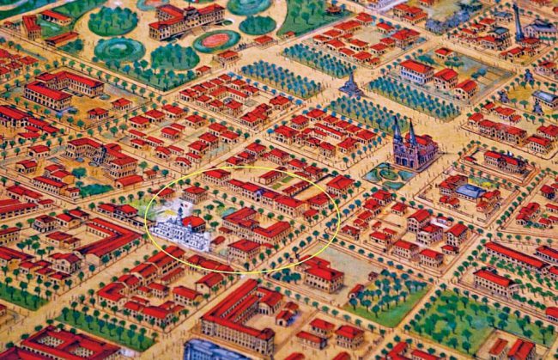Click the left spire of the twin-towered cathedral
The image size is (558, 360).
[x=397, y=131]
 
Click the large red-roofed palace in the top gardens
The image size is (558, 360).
[x=185, y=19]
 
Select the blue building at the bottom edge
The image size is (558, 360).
[x=210, y=351]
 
